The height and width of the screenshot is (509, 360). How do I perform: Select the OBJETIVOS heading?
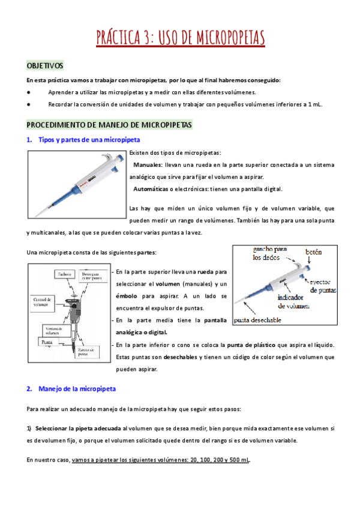click(45, 65)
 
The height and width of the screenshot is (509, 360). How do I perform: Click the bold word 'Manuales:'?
click(148, 164)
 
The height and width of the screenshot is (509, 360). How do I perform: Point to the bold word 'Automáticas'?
click(152, 189)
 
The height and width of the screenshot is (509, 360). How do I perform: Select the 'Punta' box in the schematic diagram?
click(46, 342)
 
